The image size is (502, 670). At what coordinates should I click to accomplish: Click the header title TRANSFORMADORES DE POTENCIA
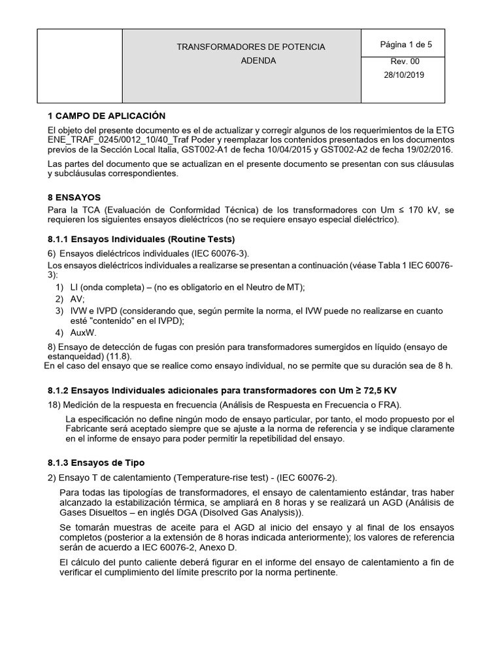click(250, 47)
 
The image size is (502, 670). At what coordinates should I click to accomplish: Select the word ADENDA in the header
click(259, 61)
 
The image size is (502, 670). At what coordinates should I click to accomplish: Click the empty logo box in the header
click(80, 65)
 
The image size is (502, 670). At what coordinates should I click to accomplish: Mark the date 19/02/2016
click(429, 150)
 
